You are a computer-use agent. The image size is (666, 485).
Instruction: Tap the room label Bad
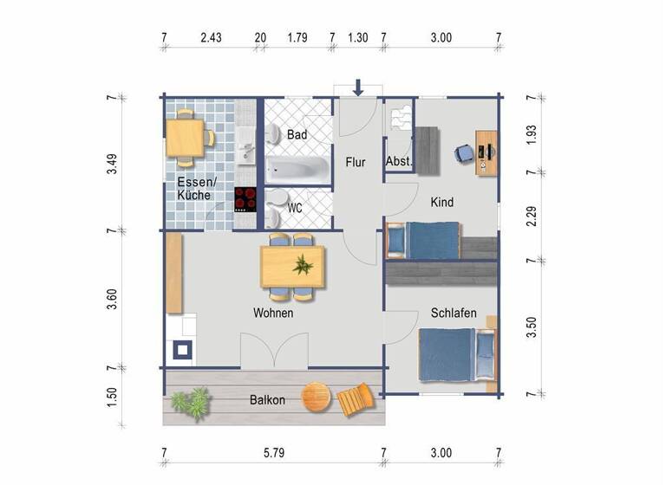tap(297, 135)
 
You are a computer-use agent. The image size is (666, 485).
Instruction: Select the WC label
tap(295, 208)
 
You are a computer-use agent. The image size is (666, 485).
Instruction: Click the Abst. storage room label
tap(398, 161)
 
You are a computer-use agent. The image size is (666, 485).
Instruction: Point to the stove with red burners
tap(246, 199)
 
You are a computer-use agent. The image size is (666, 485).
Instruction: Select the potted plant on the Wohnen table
tap(302, 265)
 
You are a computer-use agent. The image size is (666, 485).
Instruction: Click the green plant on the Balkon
tap(191, 402)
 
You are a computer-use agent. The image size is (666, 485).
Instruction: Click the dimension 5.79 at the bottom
tap(275, 452)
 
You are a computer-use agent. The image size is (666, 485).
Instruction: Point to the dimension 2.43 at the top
tap(212, 37)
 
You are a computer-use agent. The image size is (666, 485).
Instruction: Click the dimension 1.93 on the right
tap(532, 135)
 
